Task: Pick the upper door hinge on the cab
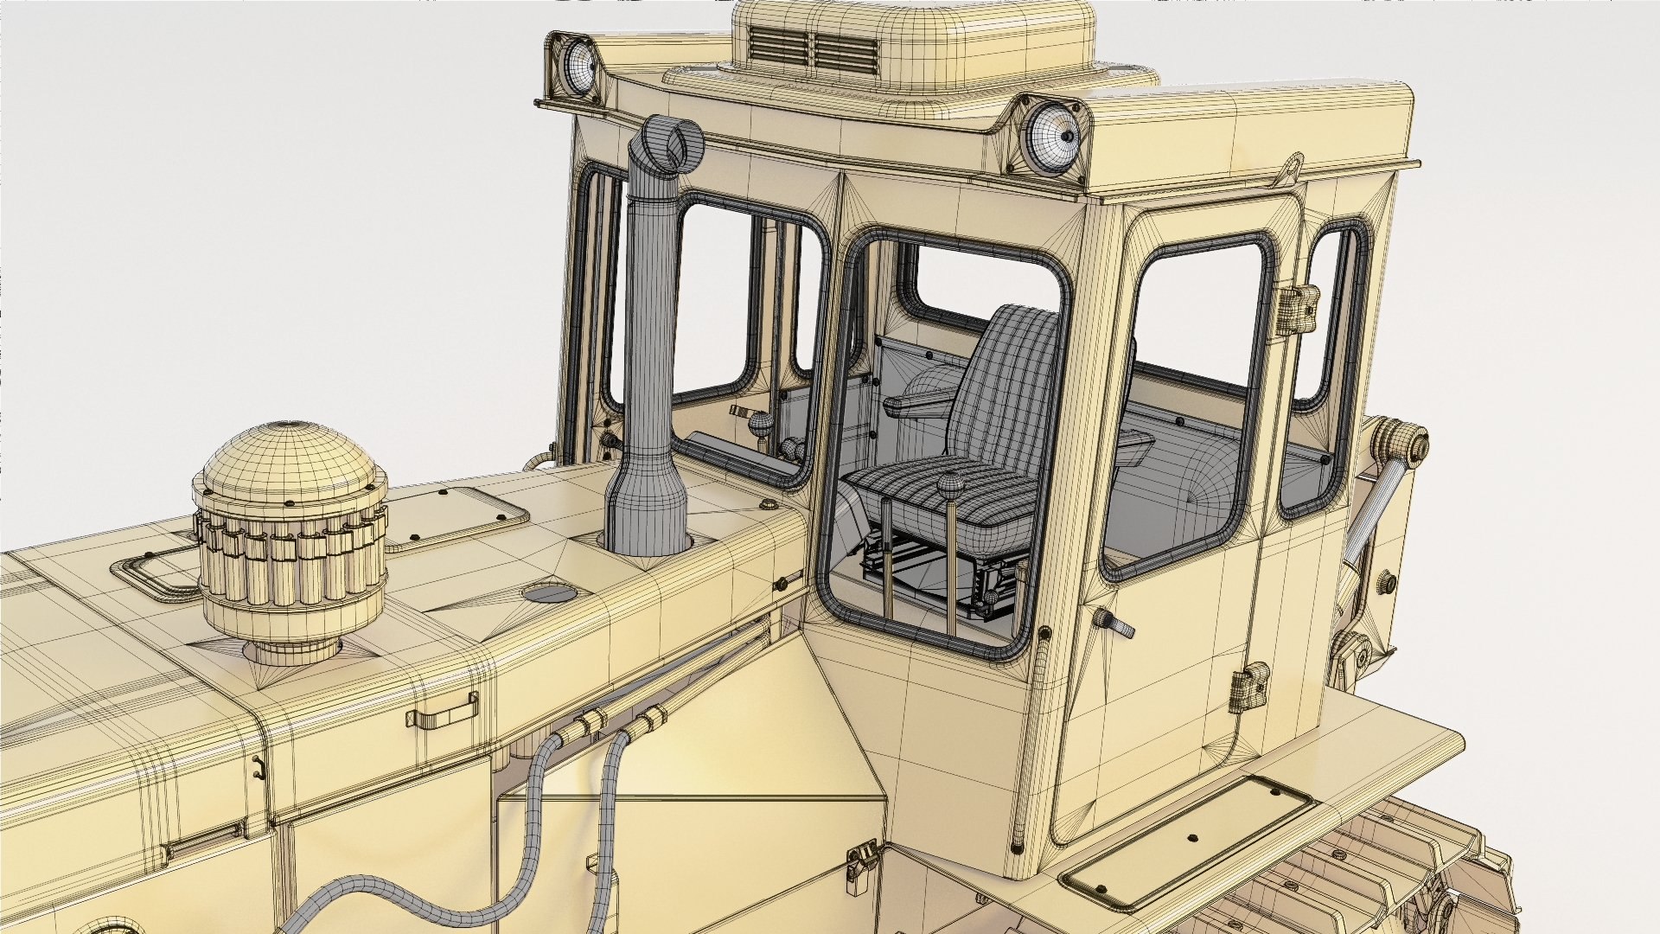[x=1294, y=304]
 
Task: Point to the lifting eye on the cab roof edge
[x=1292, y=164]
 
